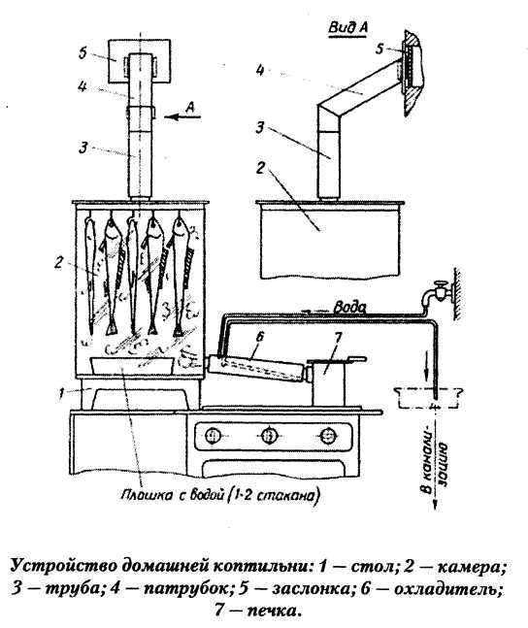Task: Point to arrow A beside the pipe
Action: click(182, 116)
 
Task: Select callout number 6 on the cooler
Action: click(259, 337)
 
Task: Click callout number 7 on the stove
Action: click(337, 338)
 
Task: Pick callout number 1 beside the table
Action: click(61, 394)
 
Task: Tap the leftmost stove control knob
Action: click(214, 436)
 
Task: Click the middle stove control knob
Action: click(269, 436)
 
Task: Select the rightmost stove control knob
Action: click(328, 436)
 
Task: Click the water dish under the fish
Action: click(132, 366)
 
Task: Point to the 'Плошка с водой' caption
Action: click(220, 495)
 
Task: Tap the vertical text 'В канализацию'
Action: click(436, 468)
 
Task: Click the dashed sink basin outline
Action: click(428, 398)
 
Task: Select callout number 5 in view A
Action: click(379, 49)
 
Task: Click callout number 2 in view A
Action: click(260, 167)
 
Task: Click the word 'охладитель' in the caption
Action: click(447, 589)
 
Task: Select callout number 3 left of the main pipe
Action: click(82, 148)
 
